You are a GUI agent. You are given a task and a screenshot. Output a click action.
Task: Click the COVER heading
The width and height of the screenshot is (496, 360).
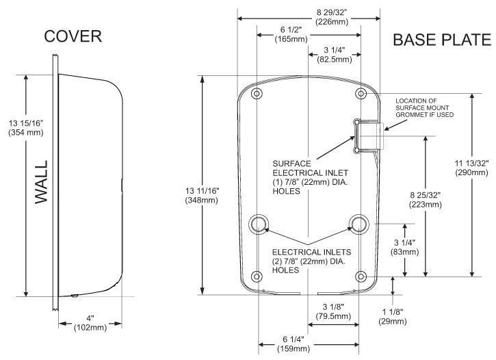pos(73,37)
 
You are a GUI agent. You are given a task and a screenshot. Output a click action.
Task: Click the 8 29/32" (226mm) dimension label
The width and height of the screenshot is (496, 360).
pos(331,16)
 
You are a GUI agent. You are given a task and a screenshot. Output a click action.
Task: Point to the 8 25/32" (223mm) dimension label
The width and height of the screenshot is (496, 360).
pos(425,199)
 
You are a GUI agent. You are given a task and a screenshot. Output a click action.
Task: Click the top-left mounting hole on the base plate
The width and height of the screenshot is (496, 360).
pos(257,93)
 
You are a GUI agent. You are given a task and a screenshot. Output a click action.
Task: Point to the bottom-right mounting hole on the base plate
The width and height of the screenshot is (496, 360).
pos(361,277)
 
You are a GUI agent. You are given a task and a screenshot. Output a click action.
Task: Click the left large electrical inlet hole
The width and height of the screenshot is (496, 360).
pos(259,223)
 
